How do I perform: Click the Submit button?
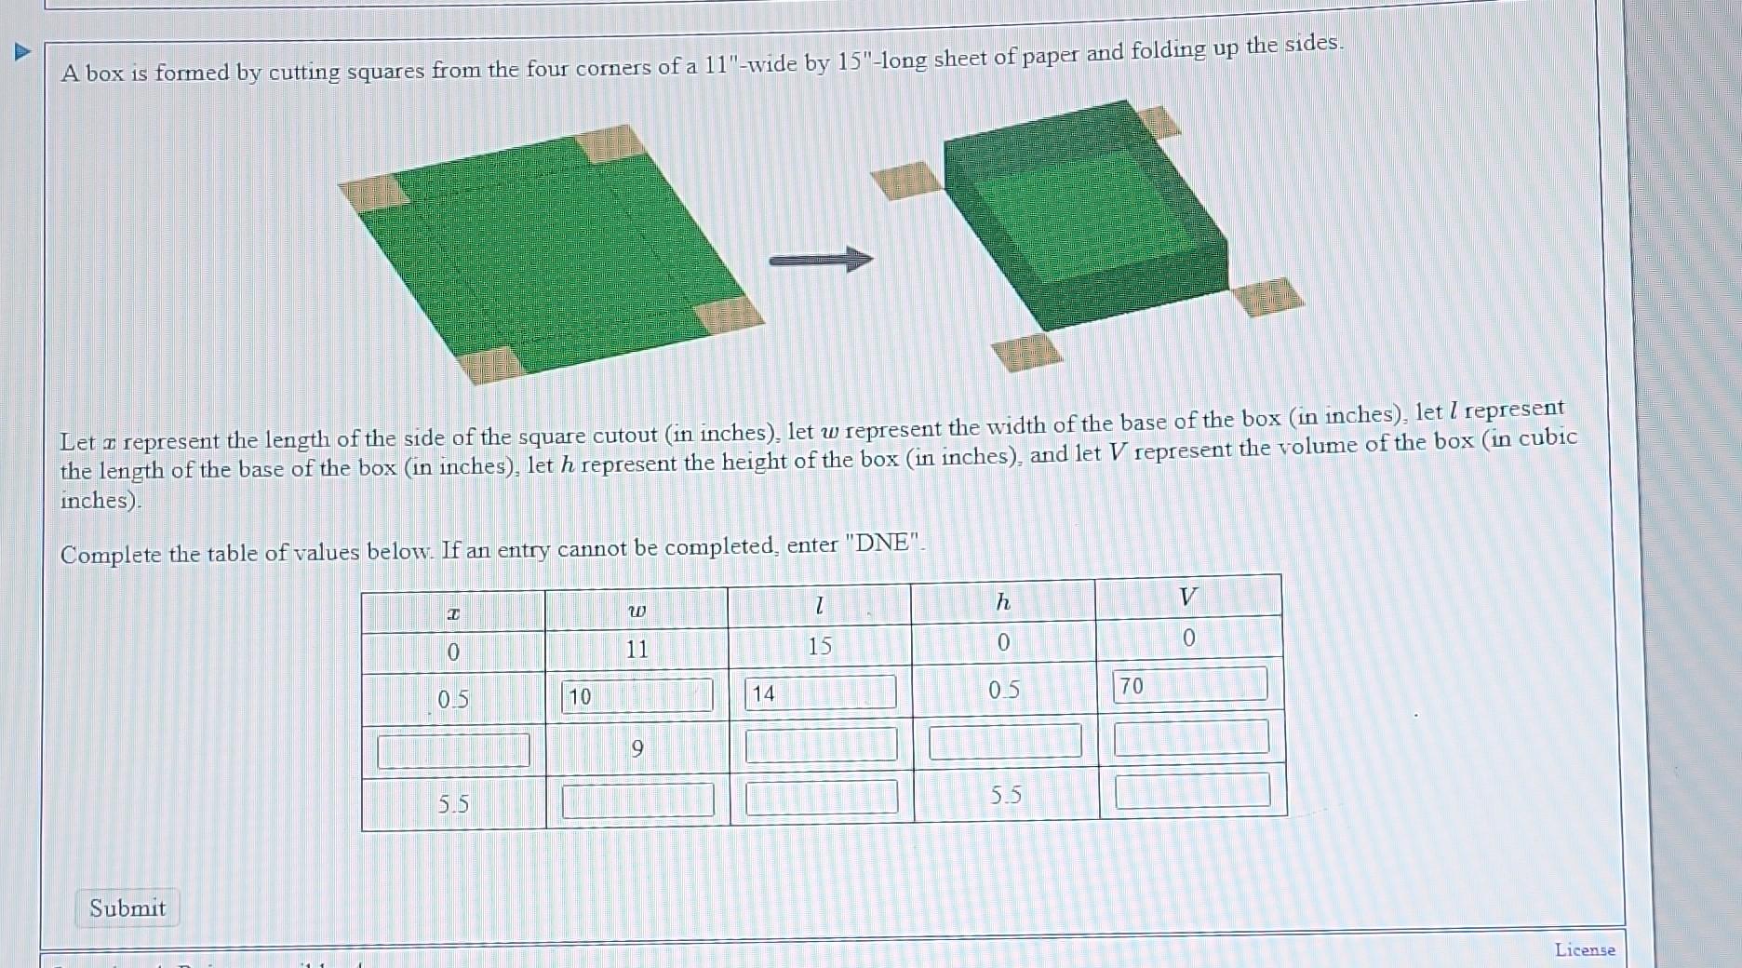tap(127, 907)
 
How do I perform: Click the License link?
tap(1584, 949)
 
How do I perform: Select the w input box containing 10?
tap(637, 695)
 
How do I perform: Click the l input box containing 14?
tap(820, 692)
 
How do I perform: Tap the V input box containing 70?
tap(1190, 685)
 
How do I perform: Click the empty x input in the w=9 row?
tap(453, 750)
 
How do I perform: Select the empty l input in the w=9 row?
tap(821, 745)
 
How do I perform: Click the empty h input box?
tap(1005, 741)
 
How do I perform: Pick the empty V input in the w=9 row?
tap(1191, 736)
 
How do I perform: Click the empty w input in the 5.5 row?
tap(637, 800)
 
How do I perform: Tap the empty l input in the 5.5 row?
tap(822, 797)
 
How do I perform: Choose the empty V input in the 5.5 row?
tap(1192, 790)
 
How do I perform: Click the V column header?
tap(1187, 597)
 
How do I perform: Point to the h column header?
tap(1002, 602)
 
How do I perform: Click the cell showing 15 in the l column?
tap(819, 646)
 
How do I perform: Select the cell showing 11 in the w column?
tap(636, 649)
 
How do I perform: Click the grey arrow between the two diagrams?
tap(820, 260)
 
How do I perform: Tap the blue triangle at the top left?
tap(23, 52)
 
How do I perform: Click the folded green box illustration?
tap(1084, 219)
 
